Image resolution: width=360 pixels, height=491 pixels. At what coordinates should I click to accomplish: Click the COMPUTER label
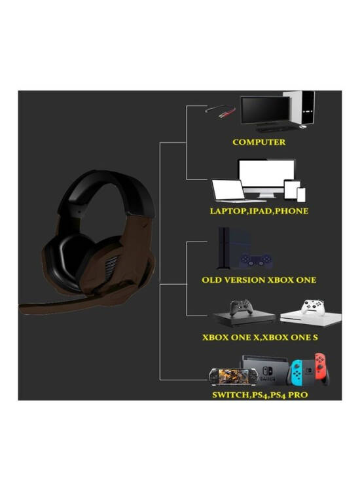(x=259, y=142)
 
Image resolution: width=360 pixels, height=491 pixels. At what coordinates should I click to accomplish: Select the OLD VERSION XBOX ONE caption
(x=259, y=280)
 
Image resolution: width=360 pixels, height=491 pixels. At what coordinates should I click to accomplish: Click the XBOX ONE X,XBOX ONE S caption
(x=260, y=337)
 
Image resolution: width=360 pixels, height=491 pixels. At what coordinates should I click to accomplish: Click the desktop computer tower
(x=300, y=108)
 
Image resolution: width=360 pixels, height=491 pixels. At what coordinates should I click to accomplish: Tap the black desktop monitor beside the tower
(x=265, y=111)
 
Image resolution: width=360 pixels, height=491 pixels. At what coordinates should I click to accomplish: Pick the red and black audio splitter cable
(x=220, y=111)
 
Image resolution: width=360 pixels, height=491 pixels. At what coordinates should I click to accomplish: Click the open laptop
(x=228, y=191)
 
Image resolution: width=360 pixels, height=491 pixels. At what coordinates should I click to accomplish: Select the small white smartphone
(x=301, y=194)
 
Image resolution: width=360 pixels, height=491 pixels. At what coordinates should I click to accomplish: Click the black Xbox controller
(x=241, y=308)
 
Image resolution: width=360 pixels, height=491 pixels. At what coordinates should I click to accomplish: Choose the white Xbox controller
(x=312, y=307)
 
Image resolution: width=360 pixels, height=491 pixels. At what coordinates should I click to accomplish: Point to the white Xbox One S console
(x=310, y=319)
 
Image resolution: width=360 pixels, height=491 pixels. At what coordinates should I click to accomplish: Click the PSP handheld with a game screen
(x=234, y=376)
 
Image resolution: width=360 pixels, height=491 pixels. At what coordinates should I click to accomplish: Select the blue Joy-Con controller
(x=297, y=373)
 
